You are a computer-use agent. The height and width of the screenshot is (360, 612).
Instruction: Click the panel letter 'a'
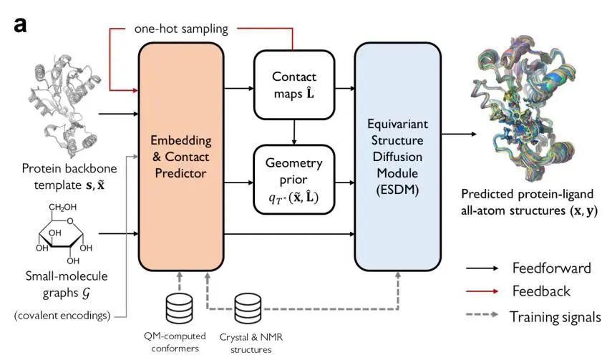[x=20, y=26]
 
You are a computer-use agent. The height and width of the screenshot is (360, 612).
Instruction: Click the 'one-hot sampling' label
[x=181, y=29]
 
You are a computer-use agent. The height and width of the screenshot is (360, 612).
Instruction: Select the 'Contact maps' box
[x=294, y=84]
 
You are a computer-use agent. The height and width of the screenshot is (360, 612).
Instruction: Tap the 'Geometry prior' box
[x=294, y=180]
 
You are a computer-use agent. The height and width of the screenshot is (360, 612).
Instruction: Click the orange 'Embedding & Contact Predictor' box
[x=181, y=157]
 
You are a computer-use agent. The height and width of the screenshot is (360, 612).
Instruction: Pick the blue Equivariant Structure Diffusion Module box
[x=398, y=157]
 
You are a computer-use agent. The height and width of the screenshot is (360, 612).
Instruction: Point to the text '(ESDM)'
[x=397, y=190]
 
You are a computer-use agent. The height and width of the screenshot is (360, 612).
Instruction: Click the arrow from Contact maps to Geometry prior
[x=294, y=132]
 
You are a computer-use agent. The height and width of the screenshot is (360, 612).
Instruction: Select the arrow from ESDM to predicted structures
[x=459, y=134]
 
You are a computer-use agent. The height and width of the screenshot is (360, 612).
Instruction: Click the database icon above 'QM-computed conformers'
[x=179, y=308]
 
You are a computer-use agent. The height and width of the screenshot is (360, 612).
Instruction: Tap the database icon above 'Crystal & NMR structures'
[x=248, y=309]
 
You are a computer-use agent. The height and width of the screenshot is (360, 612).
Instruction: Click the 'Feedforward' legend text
[x=551, y=268]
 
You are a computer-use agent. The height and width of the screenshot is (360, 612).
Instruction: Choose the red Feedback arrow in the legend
[x=482, y=291]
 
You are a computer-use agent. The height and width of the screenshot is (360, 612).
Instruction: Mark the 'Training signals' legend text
[x=555, y=317]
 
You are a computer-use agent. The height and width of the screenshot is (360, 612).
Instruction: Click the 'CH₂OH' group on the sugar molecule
[x=62, y=208]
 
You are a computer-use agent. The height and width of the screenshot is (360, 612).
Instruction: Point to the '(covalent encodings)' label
[x=62, y=316]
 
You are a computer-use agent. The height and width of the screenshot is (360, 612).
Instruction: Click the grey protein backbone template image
[x=64, y=105]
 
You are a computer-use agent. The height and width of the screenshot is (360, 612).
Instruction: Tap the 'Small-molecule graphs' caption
[x=67, y=285]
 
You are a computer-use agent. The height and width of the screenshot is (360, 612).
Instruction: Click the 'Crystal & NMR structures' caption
[x=251, y=344]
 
